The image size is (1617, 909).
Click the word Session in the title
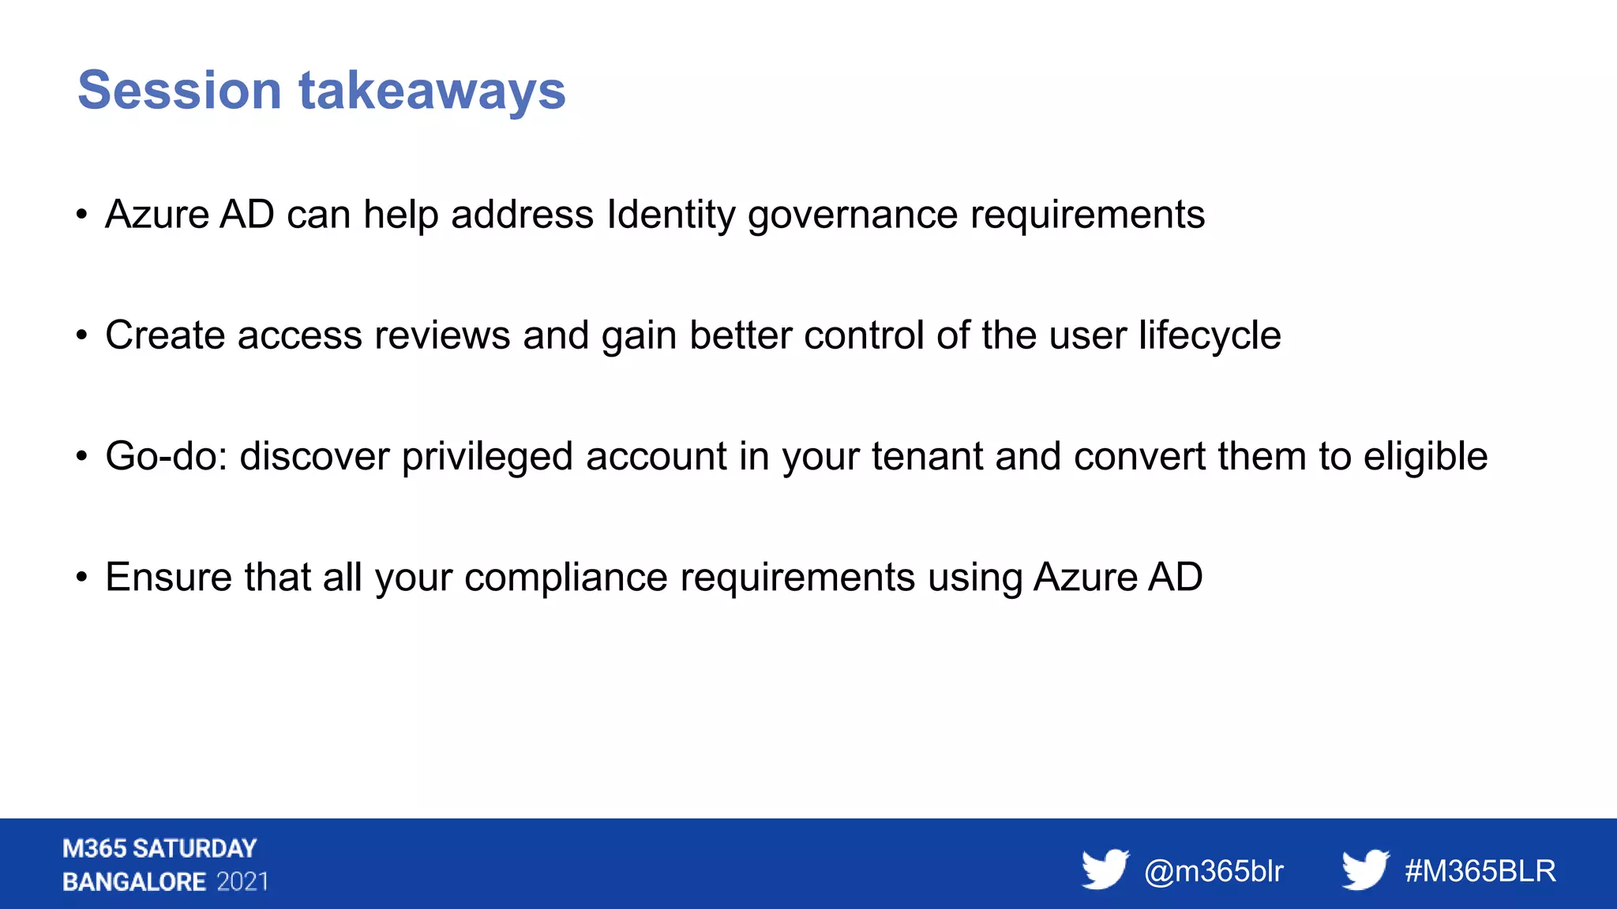pos(179,91)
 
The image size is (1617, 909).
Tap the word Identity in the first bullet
pos(671,215)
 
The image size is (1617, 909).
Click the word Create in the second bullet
pos(165,335)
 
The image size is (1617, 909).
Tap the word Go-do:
pos(167,457)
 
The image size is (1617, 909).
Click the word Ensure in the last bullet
pos(169,578)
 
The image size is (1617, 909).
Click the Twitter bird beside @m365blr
pos(1105,869)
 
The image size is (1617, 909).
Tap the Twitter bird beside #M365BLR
pos(1365,869)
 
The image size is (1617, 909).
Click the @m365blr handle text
pos(1214,872)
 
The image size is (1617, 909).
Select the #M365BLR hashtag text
pos(1480,872)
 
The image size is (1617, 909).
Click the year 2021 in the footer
pos(242,882)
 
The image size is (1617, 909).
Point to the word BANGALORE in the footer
pos(134,882)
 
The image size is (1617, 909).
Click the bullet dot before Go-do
pos(81,457)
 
